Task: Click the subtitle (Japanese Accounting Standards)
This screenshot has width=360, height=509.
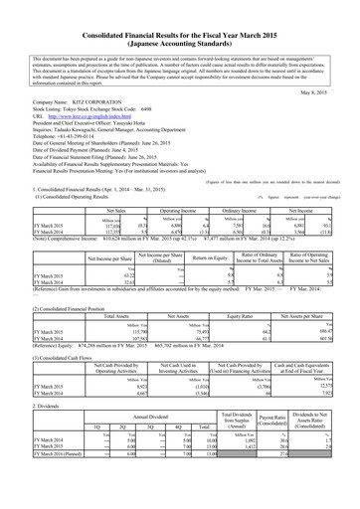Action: coord(179,29)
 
